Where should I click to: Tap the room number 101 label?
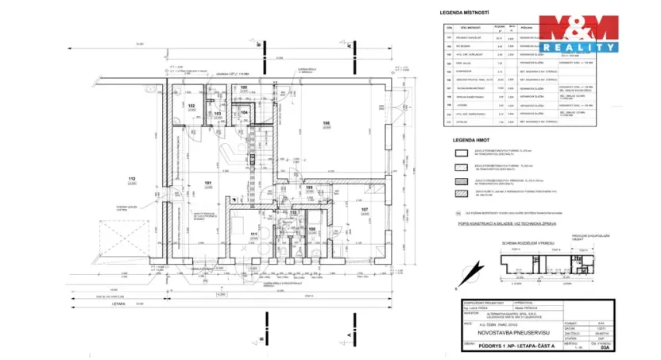click(x=209, y=183)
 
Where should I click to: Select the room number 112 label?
click(x=132, y=179)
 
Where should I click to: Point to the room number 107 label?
click(x=365, y=210)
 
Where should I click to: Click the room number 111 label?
click(x=253, y=234)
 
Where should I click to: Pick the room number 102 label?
click(x=191, y=106)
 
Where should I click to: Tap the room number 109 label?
click(x=310, y=188)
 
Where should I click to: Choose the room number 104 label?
click(x=245, y=113)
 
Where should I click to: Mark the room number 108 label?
click(x=312, y=229)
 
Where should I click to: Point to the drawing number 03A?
click(x=605, y=347)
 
